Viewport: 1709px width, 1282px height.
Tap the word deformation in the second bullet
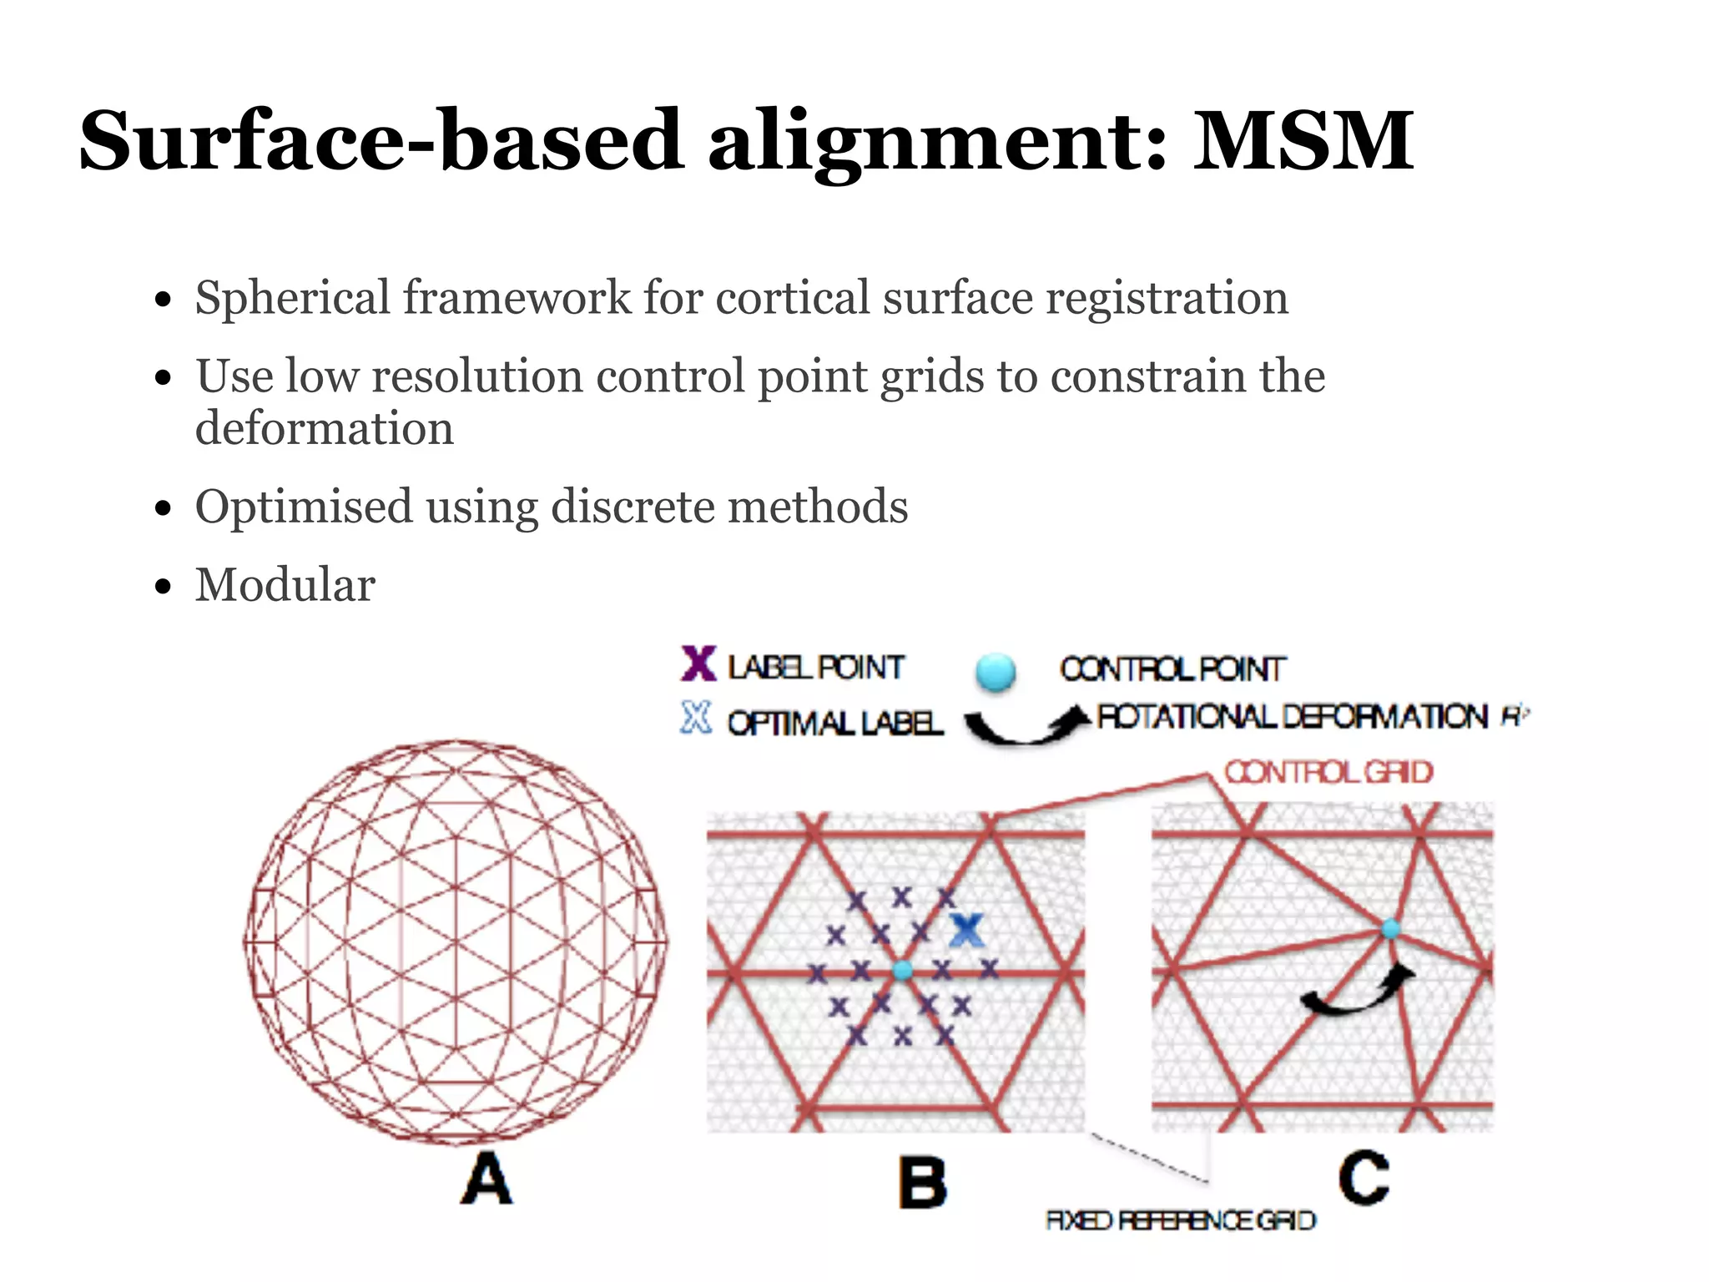(325, 429)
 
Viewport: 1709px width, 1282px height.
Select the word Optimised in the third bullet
(304, 507)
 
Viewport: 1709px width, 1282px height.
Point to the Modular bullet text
(285, 584)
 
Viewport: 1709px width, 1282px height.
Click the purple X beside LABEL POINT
(698, 665)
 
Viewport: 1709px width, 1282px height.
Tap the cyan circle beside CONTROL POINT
(995, 673)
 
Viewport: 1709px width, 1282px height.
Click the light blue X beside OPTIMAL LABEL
(696, 718)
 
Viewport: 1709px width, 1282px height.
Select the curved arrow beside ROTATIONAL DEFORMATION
(1026, 725)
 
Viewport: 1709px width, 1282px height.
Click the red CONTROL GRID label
(1328, 772)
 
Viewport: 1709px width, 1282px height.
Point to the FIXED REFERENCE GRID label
(1181, 1220)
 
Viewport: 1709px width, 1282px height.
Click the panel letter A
(486, 1179)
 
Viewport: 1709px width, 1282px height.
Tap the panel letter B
(922, 1183)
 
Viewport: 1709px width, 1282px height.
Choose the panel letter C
(1364, 1177)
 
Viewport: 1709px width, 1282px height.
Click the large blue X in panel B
(967, 930)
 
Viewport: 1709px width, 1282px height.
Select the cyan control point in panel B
(902, 971)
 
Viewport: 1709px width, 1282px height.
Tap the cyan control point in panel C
(1390, 929)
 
